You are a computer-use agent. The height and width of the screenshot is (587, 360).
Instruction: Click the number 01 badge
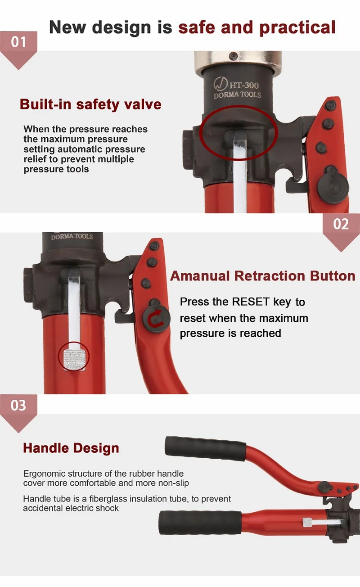click(x=18, y=42)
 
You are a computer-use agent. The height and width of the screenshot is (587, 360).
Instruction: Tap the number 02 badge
click(x=341, y=224)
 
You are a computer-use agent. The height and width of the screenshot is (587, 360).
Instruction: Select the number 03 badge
click(x=18, y=405)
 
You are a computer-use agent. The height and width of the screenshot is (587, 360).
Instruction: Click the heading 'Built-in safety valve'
click(x=90, y=104)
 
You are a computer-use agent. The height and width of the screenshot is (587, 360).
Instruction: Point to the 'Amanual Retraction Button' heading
click(x=263, y=275)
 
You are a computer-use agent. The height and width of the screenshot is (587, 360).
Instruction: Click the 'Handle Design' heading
click(x=71, y=448)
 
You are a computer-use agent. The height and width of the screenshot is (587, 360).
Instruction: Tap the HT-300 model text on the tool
click(x=244, y=85)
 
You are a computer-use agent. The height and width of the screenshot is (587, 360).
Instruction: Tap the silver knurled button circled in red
click(x=74, y=358)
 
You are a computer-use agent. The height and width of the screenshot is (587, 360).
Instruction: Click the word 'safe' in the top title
click(x=197, y=27)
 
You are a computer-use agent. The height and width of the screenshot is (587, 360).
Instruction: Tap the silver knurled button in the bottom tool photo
click(x=308, y=522)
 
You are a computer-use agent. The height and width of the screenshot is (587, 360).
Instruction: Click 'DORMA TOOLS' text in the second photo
click(x=72, y=237)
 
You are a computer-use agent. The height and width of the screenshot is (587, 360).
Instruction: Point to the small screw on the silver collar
click(x=233, y=55)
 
